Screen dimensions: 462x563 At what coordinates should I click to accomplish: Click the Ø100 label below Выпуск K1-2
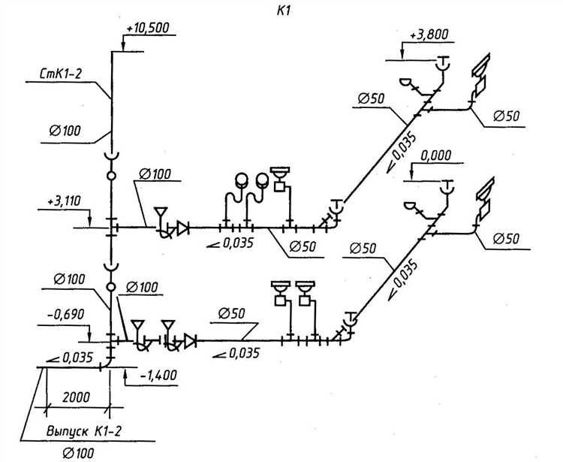[x=80, y=453]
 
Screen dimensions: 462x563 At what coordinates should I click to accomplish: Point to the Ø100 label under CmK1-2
[x=65, y=131]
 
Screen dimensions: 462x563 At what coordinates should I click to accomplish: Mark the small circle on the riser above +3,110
[x=112, y=175]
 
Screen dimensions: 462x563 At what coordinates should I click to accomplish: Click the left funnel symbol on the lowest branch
[x=138, y=326]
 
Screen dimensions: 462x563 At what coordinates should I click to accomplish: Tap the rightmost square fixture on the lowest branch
[x=306, y=299]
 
